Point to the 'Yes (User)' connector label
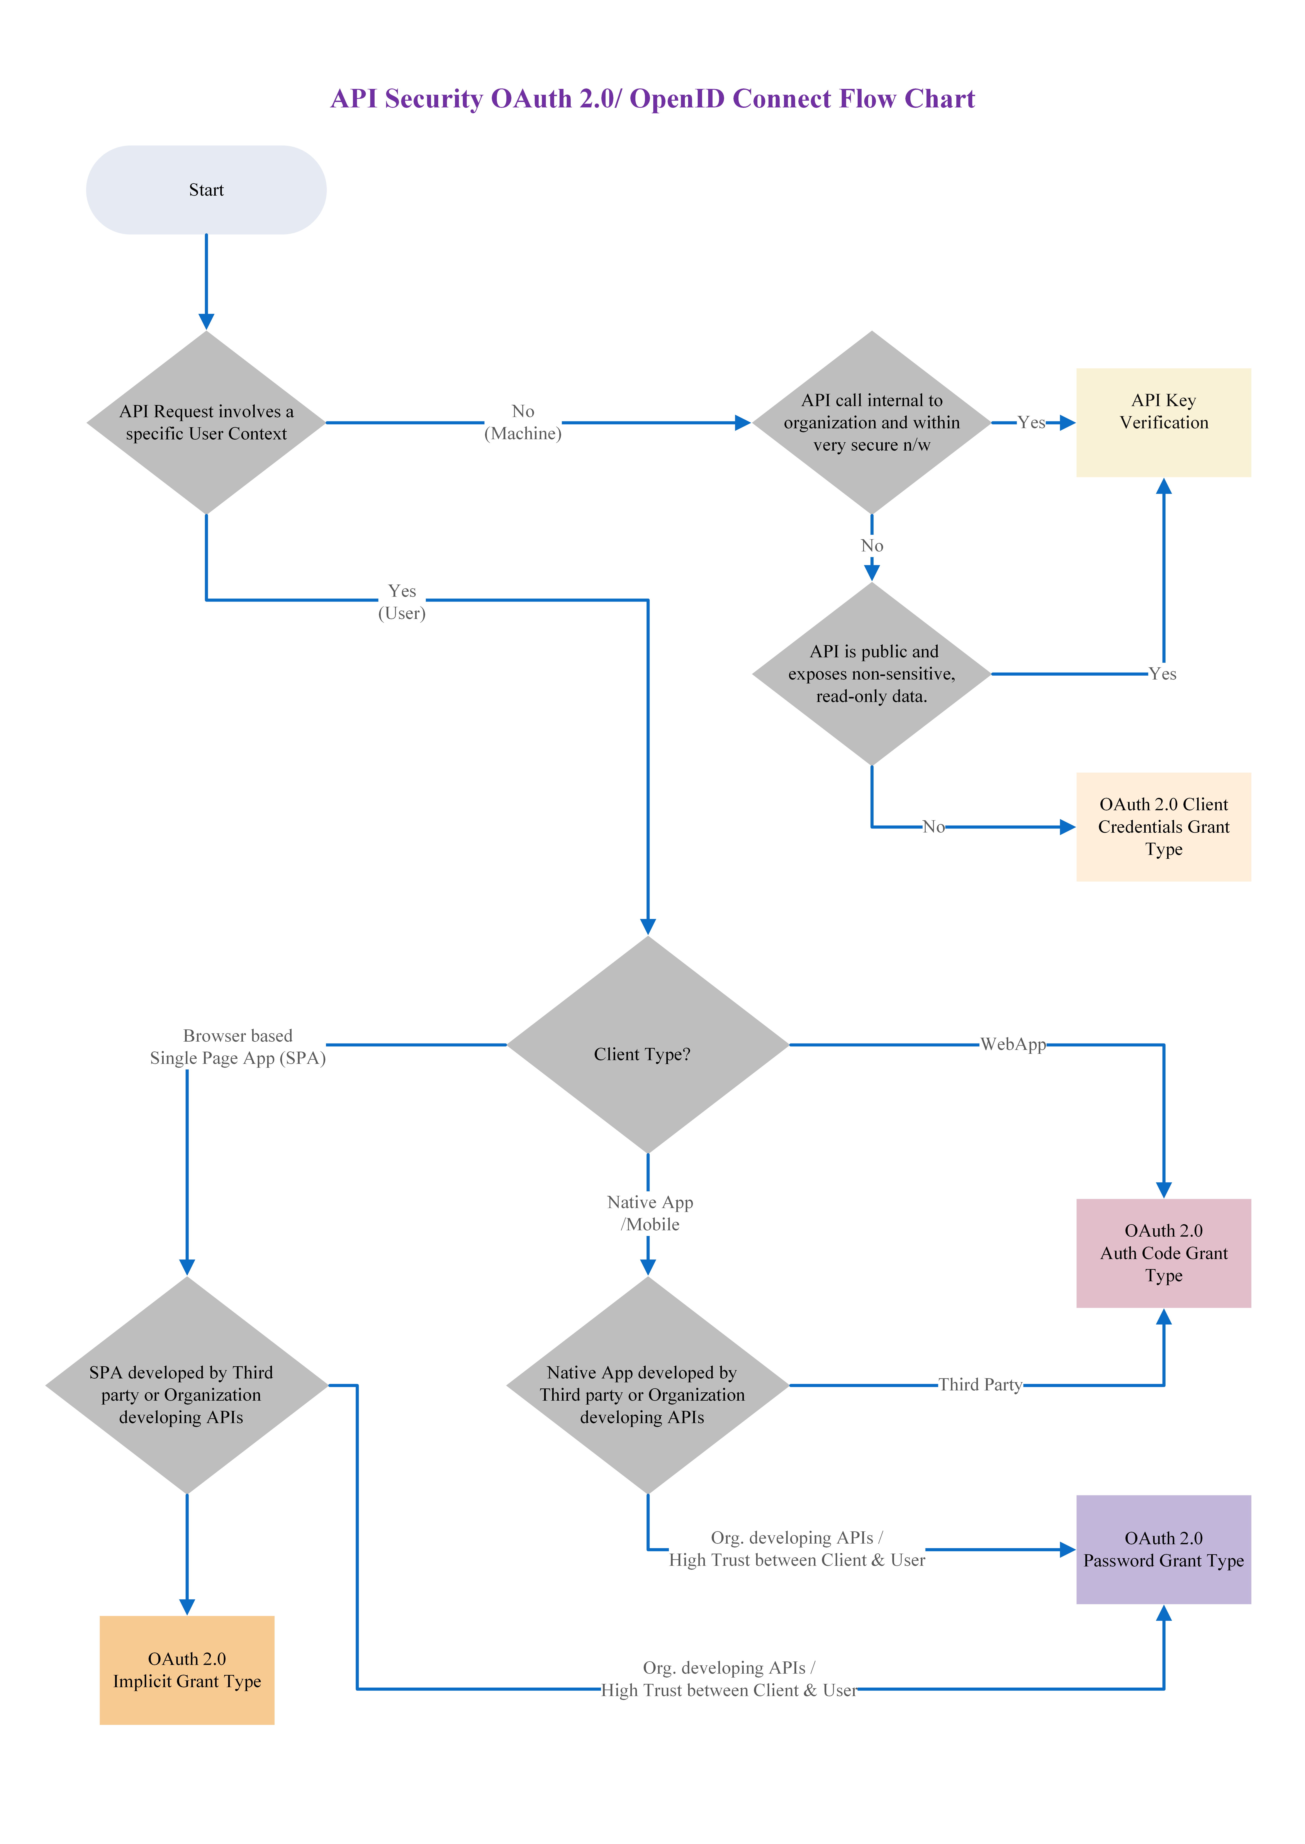coord(402,602)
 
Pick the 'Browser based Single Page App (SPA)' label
coord(238,1047)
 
